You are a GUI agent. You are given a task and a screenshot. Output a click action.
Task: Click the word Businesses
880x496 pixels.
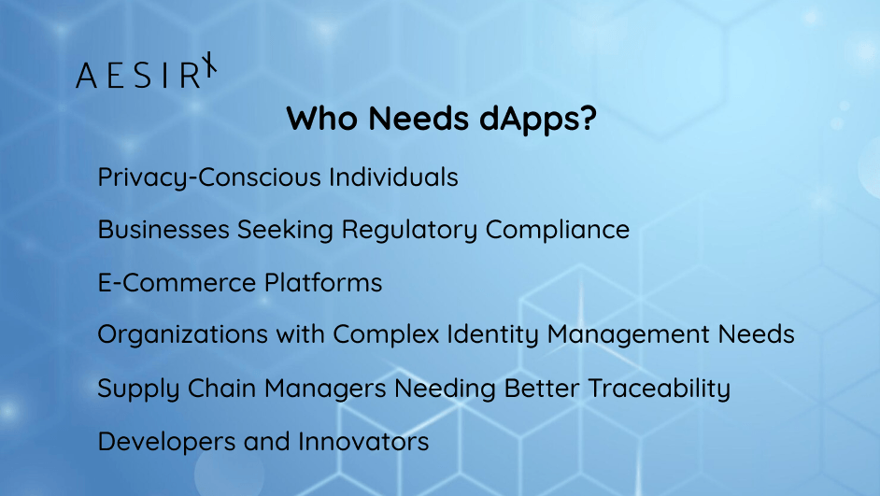pos(163,229)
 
